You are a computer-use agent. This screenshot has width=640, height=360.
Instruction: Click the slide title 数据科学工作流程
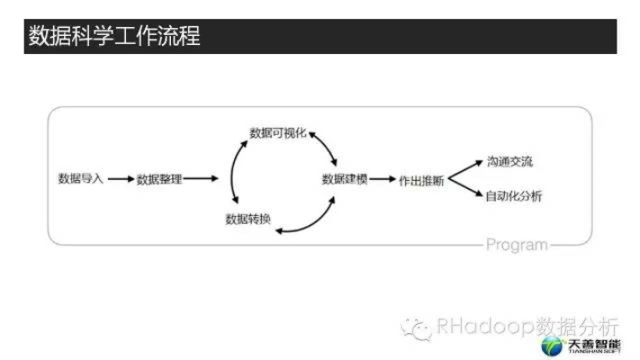[114, 36]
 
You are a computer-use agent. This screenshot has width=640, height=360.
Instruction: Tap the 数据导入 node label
[80, 178]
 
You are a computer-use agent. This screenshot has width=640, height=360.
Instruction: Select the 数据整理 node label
[159, 179]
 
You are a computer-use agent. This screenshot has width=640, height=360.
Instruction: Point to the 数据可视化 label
[278, 132]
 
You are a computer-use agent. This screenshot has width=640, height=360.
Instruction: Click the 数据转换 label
[248, 220]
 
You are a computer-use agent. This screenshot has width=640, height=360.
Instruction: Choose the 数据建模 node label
[345, 179]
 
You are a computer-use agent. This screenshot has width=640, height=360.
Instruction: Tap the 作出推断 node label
[421, 181]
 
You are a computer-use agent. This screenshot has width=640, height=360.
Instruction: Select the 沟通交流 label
[509, 162]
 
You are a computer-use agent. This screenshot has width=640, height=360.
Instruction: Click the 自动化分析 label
[513, 196]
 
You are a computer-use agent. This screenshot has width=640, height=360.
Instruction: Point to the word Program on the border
[517, 245]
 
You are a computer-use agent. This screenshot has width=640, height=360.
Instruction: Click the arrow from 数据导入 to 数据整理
[122, 179]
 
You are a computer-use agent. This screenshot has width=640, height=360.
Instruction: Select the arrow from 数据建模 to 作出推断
[383, 179]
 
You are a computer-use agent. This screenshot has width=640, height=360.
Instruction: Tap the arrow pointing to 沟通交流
[465, 170]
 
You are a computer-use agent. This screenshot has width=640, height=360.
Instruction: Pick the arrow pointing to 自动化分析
[465, 187]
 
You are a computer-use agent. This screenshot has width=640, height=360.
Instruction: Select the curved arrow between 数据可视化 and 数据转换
[232, 171]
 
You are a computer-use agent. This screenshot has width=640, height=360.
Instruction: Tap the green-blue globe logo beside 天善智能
[552, 346]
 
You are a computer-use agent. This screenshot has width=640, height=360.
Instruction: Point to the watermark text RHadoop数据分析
[527, 326]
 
